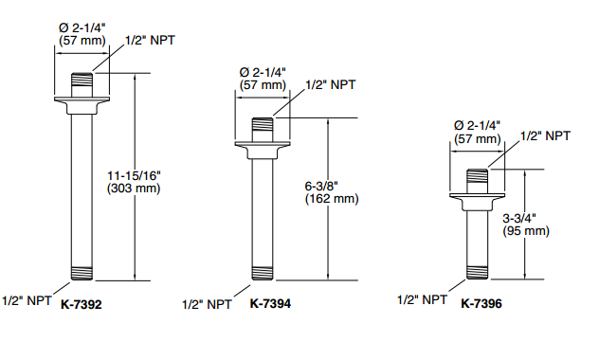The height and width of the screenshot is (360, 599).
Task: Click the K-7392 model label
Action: point(81,304)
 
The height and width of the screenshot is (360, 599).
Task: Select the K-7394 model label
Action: point(270,303)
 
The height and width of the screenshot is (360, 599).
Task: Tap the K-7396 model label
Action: point(481,303)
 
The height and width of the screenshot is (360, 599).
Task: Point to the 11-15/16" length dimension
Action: point(134,175)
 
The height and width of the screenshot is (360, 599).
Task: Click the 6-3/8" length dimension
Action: point(321,186)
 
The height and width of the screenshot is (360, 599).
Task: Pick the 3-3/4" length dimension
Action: point(519,218)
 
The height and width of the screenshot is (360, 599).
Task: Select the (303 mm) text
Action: point(134,189)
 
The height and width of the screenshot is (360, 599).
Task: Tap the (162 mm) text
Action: point(332,199)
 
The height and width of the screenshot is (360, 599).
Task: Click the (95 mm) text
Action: point(526,231)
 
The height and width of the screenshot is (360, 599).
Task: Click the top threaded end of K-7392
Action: point(82,80)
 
